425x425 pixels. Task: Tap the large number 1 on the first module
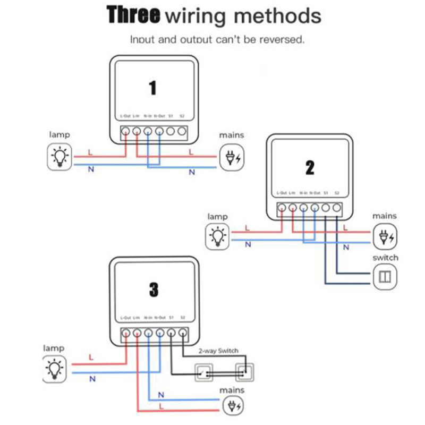coord(153,88)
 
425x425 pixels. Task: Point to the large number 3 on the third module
coord(154,290)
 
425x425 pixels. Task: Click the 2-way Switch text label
coord(218,351)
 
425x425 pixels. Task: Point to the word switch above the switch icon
coord(385,258)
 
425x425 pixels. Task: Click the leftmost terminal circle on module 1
coord(125,131)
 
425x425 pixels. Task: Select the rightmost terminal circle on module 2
coord(337,208)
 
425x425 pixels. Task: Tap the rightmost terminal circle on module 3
coord(182,333)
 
